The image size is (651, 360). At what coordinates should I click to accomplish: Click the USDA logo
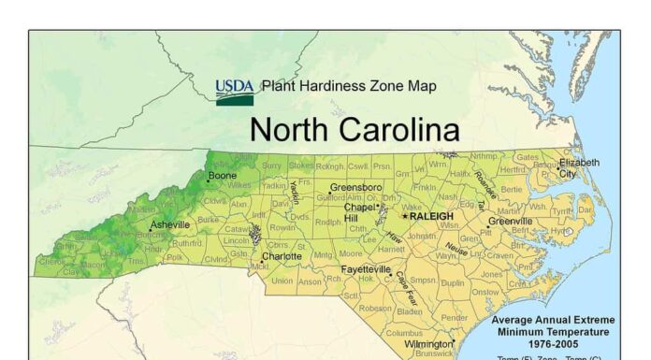coord(234,92)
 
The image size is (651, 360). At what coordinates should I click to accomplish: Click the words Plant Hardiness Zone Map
coord(349,86)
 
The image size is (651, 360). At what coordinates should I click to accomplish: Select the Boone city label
coord(223,176)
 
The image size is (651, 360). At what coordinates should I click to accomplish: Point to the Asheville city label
coord(170,224)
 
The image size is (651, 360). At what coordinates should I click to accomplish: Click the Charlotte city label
coord(281,255)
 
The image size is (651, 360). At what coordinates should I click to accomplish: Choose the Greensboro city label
coord(355,187)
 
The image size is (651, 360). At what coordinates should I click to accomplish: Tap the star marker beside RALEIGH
coord(405,215)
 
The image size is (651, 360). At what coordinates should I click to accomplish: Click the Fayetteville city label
coord(365,268)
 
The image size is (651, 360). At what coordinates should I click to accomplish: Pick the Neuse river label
coord(456,249)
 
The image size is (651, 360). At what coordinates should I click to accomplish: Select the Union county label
coord(282,280)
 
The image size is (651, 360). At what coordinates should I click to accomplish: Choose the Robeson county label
coord(375,308)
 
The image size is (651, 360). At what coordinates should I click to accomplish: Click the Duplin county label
coord(453,282)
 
